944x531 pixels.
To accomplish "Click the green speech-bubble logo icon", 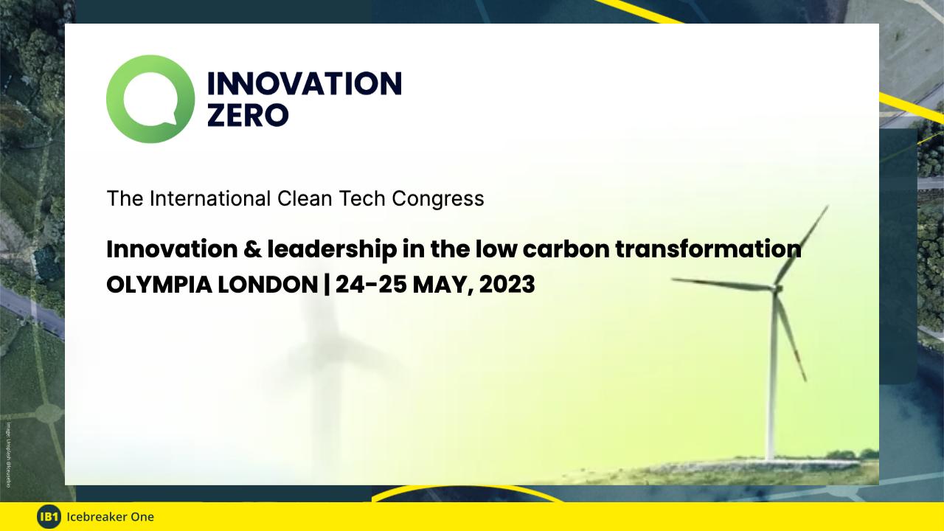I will [x=150, y=99].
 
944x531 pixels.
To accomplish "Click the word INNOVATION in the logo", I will [x=304, y=84].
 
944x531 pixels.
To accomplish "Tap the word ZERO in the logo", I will [x=248, y=115].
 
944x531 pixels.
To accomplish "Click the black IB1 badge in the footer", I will [x=49, y=517].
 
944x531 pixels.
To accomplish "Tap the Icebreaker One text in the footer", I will [x=110, y=517].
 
